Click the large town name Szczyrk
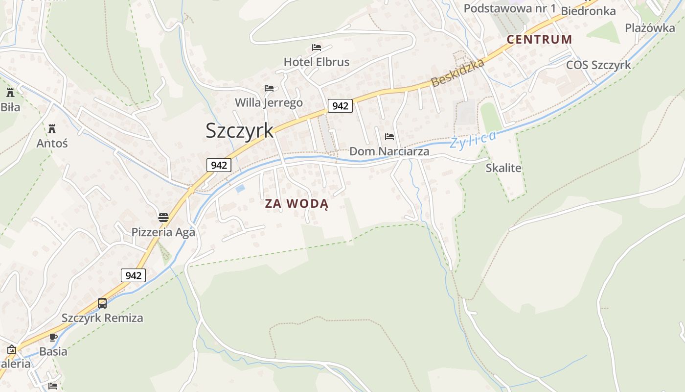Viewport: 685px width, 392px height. pos(239,130)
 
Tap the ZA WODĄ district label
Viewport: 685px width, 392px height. pos(297,204)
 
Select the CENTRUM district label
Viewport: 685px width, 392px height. pos(539,40)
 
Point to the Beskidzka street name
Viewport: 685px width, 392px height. pos(458,73)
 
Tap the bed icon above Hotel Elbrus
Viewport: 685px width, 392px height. pos(317,48)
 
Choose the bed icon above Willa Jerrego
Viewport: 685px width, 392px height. pos(269,88)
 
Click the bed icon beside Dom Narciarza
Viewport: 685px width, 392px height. pos(389,137)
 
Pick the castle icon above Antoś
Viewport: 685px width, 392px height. pos(52,129)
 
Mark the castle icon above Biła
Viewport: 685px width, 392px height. pos(10,92)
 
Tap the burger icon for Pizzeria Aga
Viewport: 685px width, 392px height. pos(163,217)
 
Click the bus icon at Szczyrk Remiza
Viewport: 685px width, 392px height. pos(102,303)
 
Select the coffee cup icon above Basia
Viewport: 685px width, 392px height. pos(53,337)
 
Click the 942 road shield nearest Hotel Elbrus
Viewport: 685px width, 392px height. pos(340,106)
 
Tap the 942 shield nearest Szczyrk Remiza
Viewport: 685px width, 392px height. pos(133,275)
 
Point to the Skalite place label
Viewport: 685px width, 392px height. pos(503,168)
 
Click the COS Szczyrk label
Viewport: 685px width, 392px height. pos(598,65)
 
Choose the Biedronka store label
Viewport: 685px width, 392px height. pos(588,11)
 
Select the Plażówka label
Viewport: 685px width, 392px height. pos(650,28)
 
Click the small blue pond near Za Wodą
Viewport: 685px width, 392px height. pos(240,188)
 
